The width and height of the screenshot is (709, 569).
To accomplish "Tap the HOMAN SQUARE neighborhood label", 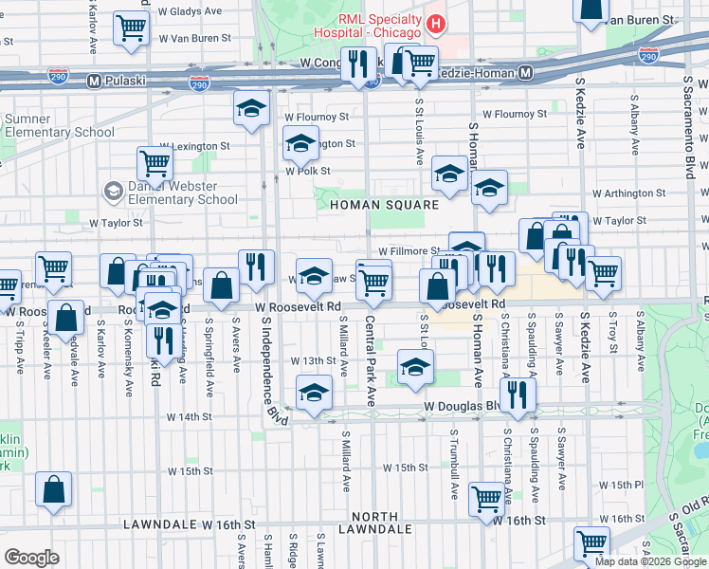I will coord(384,205).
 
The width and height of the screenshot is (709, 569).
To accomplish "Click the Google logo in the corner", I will coord(32,557).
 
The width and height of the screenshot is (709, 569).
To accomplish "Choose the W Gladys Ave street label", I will coord(196,12).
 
